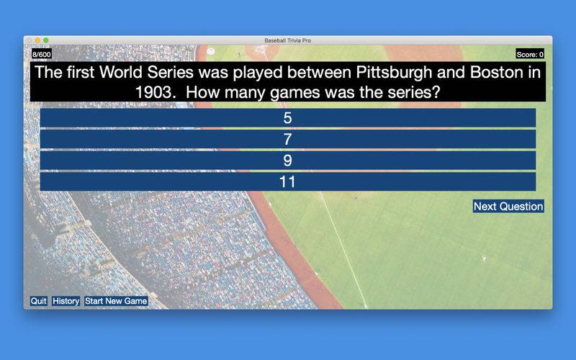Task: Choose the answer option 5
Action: tap(287, 118)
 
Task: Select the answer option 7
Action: tap(287, 139)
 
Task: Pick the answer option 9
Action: tap(287, 161)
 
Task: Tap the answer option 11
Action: tap(287, 182)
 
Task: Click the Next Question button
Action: tap(508, 207)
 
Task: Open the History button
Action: tap(66, 301)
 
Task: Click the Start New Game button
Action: tap(116, 301)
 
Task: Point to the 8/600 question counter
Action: tap(42, 55)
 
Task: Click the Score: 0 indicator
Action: tap(530, 55)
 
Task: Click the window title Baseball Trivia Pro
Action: tap(287, 40)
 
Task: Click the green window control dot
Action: tap(46, 40)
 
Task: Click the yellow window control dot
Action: tap(37, 40)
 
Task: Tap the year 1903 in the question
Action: tap(153, 92)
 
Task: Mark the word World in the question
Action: tap(121, 73)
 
